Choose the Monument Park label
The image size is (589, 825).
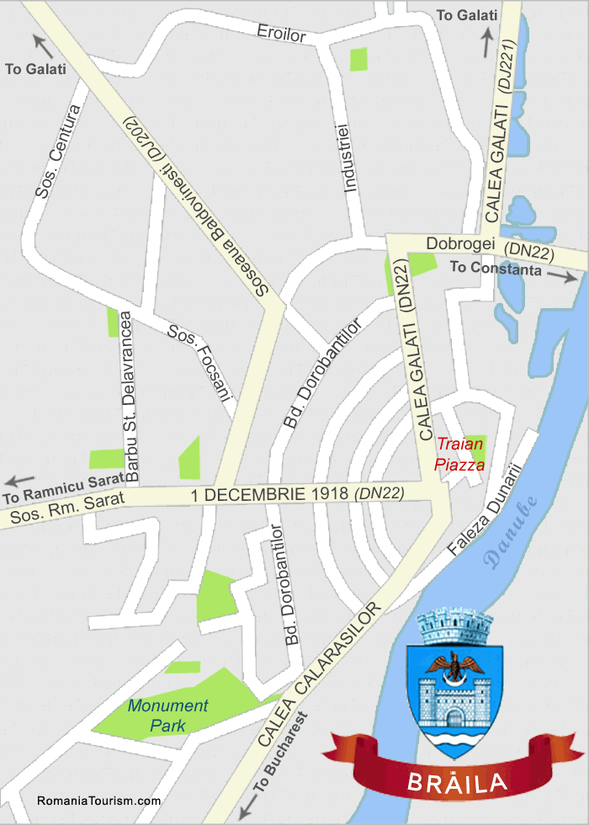coord(167,714)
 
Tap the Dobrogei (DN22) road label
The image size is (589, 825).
coord(488,245)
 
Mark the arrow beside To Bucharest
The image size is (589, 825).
coord(246,808)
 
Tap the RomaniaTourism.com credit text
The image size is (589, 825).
coord(99,801)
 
